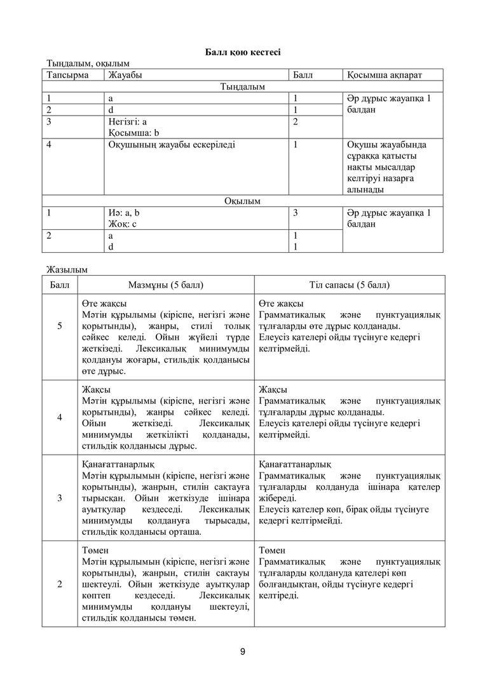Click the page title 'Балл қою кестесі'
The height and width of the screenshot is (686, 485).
[x=242, y=51]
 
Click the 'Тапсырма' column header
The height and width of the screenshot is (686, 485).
[x=66, y=75]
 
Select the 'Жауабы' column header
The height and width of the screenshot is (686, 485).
[x=125, y=75]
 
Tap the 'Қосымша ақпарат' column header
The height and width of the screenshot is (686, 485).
[x=385, y=75]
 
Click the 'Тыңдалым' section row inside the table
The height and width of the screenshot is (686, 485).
[x=242, y=86]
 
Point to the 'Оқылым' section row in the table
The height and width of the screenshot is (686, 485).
[x=242, y=201]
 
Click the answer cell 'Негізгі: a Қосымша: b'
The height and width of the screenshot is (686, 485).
[x=130, y=127]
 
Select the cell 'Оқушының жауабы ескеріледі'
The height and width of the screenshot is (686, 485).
[x=172, y=145]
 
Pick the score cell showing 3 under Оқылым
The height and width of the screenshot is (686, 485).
[x=296, y=213]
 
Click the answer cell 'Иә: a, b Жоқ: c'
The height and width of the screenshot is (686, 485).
[x=124, y=219]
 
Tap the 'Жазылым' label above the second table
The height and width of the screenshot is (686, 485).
[x=65, y=269]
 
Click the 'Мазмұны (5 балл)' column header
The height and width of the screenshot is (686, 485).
[x=166, y=285]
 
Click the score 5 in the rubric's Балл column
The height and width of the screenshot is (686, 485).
[x=60, y=326]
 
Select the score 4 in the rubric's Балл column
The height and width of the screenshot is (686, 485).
[x=60, y=417]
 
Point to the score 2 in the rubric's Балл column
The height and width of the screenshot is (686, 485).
[x=60, y=584]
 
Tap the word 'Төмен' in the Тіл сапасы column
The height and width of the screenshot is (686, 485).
[x=272, y=550]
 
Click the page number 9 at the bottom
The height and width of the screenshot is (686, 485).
[x=243, y=651]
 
